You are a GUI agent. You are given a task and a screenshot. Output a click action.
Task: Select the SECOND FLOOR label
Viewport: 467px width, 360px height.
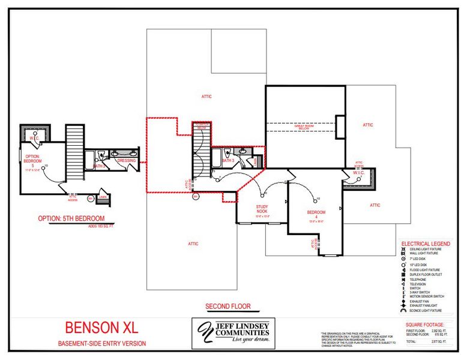tap(227, 306)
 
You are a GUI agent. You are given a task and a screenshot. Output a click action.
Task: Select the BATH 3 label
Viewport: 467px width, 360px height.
tap(228, 161)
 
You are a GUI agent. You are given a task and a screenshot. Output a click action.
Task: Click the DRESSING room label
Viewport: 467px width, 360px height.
tap(127, 161)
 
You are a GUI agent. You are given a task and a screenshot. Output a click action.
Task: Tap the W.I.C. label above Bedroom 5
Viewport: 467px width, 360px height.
tap(34, 137)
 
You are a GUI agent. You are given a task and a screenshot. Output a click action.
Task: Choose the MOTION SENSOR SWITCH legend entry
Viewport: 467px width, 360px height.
tap(427, 296)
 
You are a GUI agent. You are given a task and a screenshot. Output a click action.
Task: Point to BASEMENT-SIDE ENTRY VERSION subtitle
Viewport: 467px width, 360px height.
tap(101, 343)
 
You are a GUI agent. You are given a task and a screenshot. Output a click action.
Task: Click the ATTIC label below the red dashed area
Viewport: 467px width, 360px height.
tap(193, 244)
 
